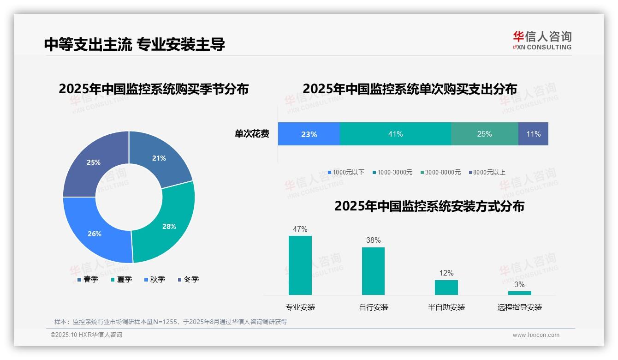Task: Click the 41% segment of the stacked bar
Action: coord(395,134)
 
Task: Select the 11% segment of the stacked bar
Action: coord(533,134)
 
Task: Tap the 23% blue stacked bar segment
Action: coord(309,134)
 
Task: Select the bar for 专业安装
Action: coord(300,265)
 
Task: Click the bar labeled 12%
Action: coord(446,287)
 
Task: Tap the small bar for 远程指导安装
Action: coord(519,293)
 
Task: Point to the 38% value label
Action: coord(373,240)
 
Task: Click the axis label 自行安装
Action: coord(374,307)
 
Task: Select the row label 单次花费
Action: coord(252,134)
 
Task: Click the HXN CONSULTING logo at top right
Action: coord(542,41)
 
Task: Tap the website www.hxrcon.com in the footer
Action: coord(536,335)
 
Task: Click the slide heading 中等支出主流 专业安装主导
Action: coord(135,44)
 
